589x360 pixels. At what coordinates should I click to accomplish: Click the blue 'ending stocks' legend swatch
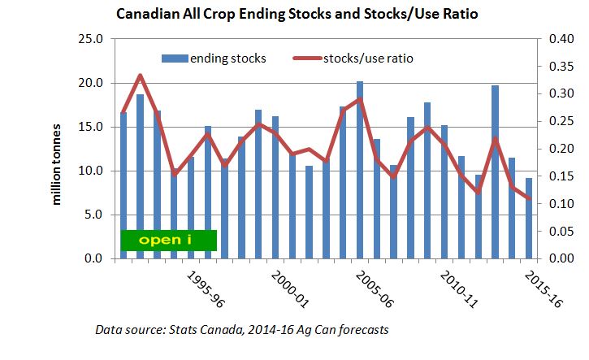pyautogui.click(x=174, y=58)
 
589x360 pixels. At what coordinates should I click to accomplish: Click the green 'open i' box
pyautogui.click(x=168, y=241)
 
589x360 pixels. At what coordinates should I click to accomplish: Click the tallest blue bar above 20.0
pyautogui.click(x=360, y=170)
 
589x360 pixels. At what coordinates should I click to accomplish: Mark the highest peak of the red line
pyautogui.click(x=141, y=76)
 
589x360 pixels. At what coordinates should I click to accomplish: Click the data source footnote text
pyautogui.click(x=242, y=330)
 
